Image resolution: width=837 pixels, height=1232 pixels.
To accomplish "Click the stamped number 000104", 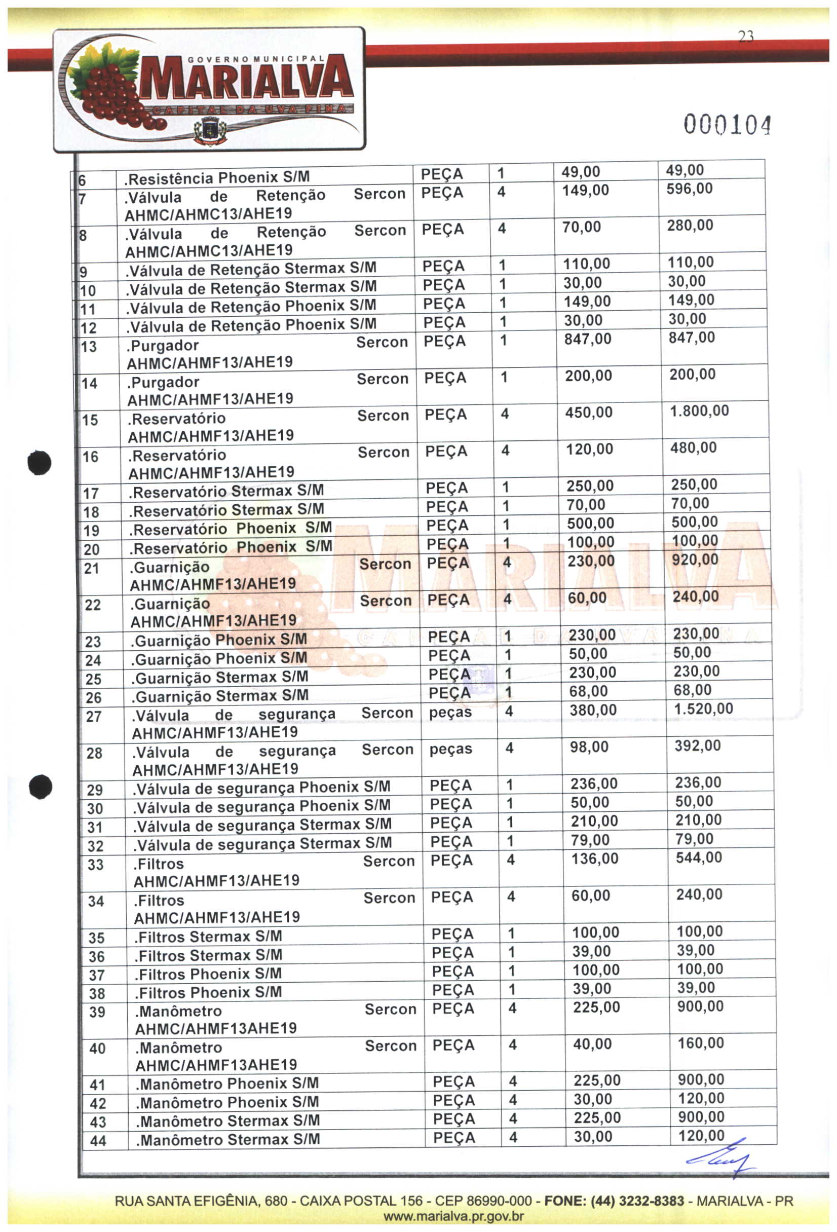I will [x=726, y=125].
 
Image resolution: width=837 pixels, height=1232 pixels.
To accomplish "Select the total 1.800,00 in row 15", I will [x=699, y=411].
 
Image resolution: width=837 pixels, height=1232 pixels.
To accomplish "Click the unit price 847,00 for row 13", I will [x=587, y=339].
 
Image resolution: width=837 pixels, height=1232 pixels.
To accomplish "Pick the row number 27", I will [x=94, y=717].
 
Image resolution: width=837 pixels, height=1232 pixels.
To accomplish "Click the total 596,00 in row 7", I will [x=689, y=189].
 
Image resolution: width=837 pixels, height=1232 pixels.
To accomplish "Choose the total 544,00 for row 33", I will [x=699, y=857].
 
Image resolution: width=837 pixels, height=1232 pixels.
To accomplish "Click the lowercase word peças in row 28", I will [x=450, y=749].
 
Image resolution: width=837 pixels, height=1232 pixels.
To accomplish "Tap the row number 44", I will [x=98, y=1141].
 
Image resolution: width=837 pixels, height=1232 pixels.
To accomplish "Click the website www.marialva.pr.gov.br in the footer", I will [x=453, y=1216].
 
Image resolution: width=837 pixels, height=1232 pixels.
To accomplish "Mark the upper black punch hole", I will [x=40, y=462].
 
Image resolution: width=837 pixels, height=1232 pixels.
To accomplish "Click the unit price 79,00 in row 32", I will [x=590, y=840].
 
